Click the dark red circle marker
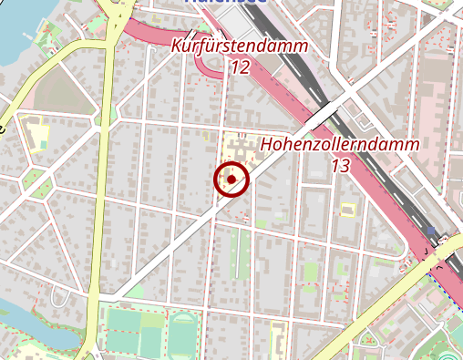[231, 180]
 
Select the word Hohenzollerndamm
[340, 145]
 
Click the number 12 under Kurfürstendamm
[240, 67]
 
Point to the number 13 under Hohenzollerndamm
[340, 166]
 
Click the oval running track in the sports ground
[182, 333]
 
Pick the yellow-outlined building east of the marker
[347, 209]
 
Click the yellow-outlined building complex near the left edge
[36, 133]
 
